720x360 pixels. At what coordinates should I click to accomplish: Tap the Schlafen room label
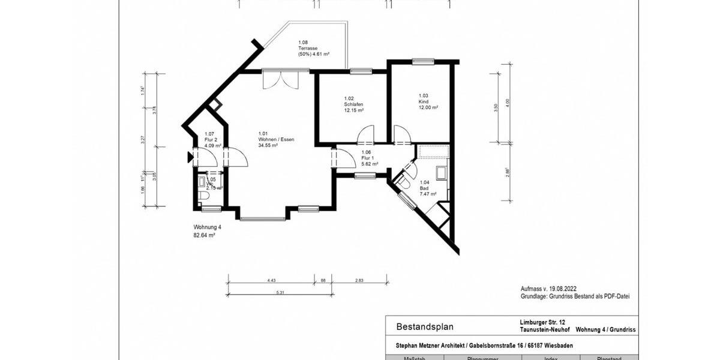pos(353,104)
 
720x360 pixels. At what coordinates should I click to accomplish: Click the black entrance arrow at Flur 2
pos(190,157)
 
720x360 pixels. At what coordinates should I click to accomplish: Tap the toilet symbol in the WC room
pos(203,196)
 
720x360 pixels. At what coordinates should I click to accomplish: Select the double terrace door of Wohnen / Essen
pos(280,80)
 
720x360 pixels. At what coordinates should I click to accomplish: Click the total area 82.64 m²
pos(204,236)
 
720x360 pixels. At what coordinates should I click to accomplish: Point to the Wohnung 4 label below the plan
pos(207,227)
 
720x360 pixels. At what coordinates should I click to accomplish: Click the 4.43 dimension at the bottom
pos(271,279)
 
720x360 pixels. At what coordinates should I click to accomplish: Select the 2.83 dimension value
pos(359,279)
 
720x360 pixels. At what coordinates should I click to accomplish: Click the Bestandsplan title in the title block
pos(425,327)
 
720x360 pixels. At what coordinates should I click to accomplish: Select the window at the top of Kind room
pos(422,61)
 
